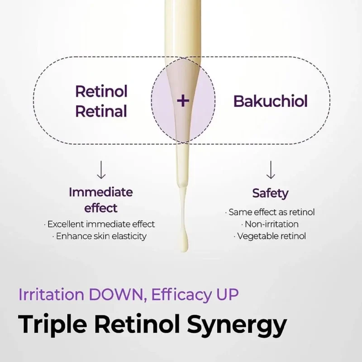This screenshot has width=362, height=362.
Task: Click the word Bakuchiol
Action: click(x=270, y=101)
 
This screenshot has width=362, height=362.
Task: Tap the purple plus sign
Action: click(x=183, y=100)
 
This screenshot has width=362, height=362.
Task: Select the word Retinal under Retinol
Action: click(x=101, y=111)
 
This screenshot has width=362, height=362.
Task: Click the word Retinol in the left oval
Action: click(x=101, y=91)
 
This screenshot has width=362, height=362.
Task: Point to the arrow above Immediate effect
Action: click(x=101, y=170)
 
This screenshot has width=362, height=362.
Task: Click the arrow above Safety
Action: click(x=271, y=170)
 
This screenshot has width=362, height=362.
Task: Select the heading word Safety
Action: click(x=270, y=193)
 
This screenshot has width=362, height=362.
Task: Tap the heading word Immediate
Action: click(x=101, y=192)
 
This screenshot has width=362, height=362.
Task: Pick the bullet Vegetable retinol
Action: click(x=270, y=236)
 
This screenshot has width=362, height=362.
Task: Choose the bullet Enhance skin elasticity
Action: click(x=100, y=236)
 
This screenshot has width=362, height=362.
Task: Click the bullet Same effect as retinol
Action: click(x=270, y=212)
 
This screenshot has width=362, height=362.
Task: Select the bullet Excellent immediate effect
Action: click(x=100, y=224)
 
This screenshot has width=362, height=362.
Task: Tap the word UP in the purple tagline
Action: click(x=227, y=295)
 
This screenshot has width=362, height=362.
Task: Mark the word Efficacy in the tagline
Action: click(x=181, y=295)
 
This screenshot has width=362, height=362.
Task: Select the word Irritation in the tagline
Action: click(x=51, y=295)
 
